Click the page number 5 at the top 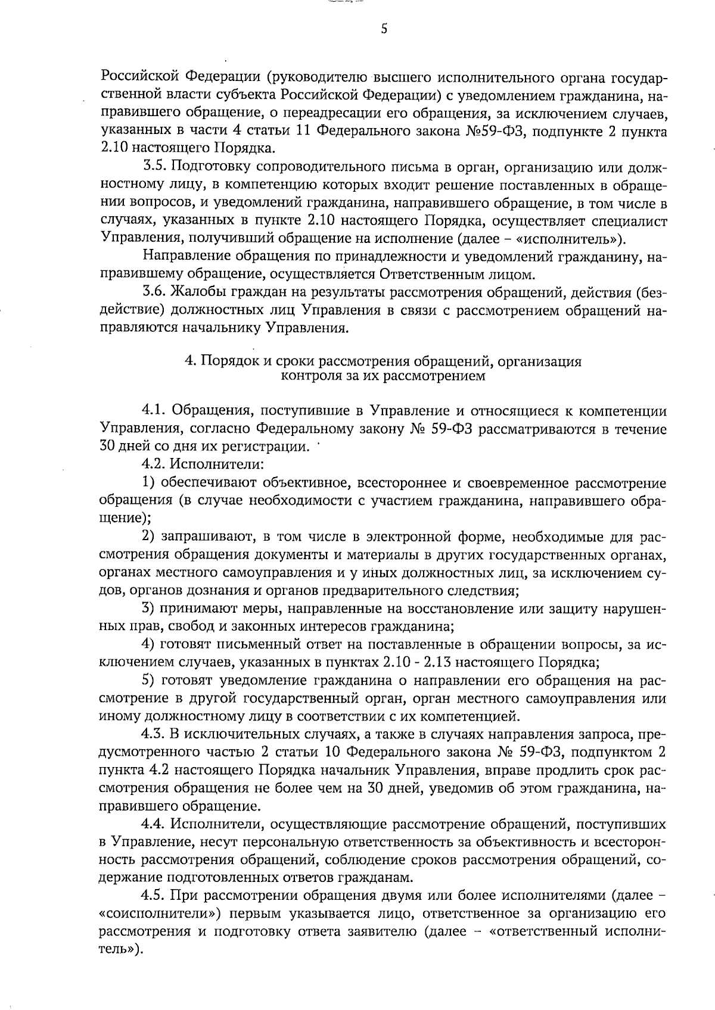pos(384,29)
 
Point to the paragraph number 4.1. pos(154,411)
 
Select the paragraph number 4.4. pos(154,824)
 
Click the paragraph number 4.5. pos(154,894)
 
